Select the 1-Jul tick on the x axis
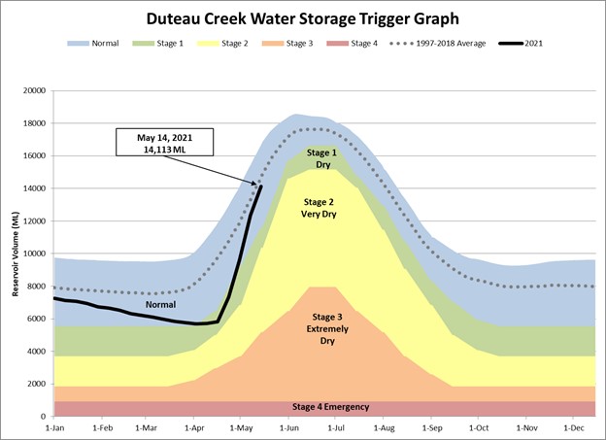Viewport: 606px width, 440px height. (x=336, y=427)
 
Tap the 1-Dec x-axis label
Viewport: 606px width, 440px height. (x=572, y=427)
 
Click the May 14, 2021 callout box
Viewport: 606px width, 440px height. (x=163, y=142)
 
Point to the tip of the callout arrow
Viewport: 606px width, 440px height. (x=258, y=184)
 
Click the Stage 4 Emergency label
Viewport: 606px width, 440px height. (x=329, y=406)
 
